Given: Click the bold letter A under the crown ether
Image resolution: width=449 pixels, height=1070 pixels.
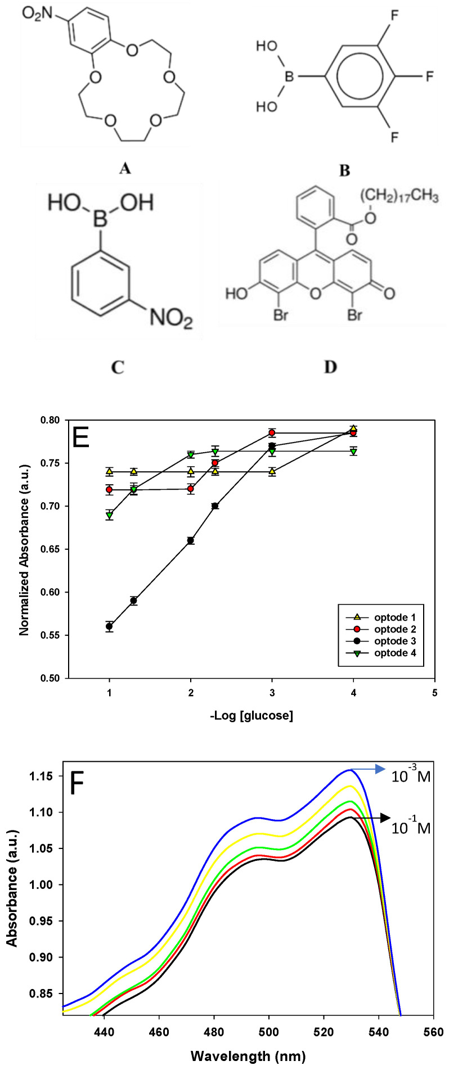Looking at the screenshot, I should click(125, 168).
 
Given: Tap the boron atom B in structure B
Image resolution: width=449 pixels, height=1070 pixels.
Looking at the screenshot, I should click(289, 75).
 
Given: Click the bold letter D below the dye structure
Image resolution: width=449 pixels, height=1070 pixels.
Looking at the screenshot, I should click(330, 367).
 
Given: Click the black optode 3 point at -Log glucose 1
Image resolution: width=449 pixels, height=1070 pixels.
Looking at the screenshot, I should click(109, 626).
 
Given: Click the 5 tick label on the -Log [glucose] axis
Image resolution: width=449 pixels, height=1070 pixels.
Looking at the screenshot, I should click(434, 694).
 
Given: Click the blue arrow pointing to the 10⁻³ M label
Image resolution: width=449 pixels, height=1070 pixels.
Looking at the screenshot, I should click(368, 769).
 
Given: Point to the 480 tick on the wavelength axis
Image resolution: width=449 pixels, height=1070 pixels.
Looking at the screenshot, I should click(214, 1032).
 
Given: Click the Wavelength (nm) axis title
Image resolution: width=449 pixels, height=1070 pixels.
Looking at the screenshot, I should click(248, 1056).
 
